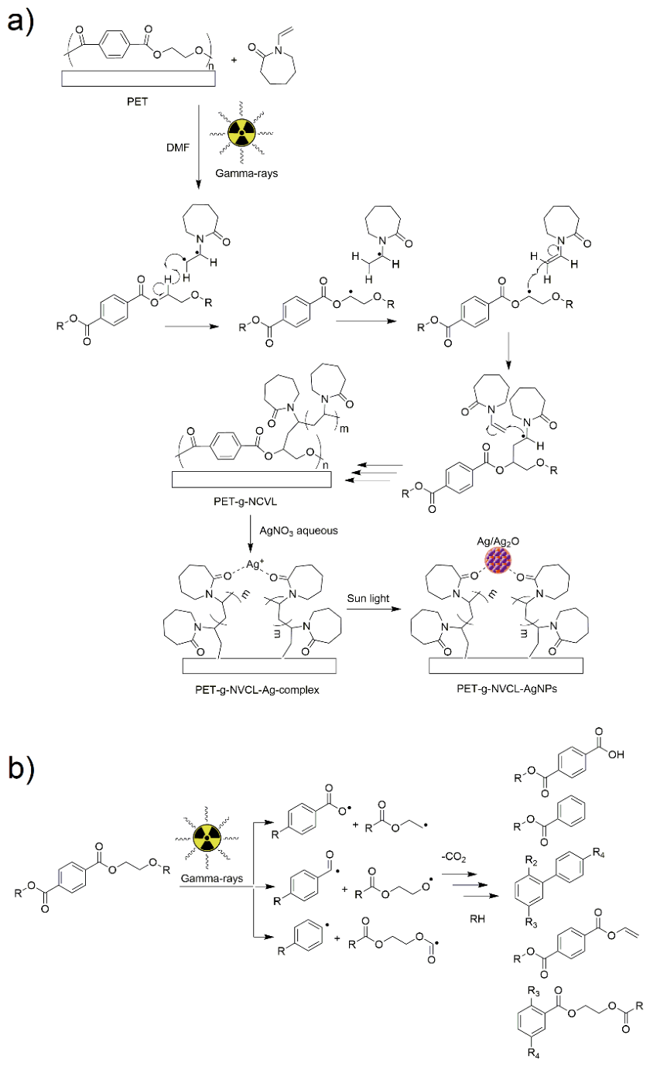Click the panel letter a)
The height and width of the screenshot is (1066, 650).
coord(20,22)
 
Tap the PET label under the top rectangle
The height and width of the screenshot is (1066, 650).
coord(137,101)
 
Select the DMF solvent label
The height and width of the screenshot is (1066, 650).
coord(178,148)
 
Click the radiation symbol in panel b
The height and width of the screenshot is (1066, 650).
coord(207,838)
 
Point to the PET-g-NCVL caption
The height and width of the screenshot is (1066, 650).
coord(245,501)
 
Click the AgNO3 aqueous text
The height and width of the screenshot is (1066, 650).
coord(299,531)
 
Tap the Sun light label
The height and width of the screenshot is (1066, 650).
coord(368,598)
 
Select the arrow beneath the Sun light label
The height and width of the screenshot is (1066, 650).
coord(374,609)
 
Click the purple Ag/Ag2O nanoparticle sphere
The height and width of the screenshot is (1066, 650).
coord(498,561)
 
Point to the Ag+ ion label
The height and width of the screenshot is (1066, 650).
coord(255,564)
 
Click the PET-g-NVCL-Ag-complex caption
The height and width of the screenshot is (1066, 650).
coord(257,689)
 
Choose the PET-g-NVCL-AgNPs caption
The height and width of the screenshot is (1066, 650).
coord(507,688)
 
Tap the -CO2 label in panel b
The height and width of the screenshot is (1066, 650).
coord(453,857)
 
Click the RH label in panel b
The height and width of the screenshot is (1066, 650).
coord(477,919)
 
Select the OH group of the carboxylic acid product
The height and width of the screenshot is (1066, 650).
coord(616,754)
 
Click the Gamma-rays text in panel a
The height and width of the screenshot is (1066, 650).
coord(247,173)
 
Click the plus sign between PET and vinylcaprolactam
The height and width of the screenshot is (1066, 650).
coord(234,60)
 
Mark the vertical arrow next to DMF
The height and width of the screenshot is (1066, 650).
coord(199,147)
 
